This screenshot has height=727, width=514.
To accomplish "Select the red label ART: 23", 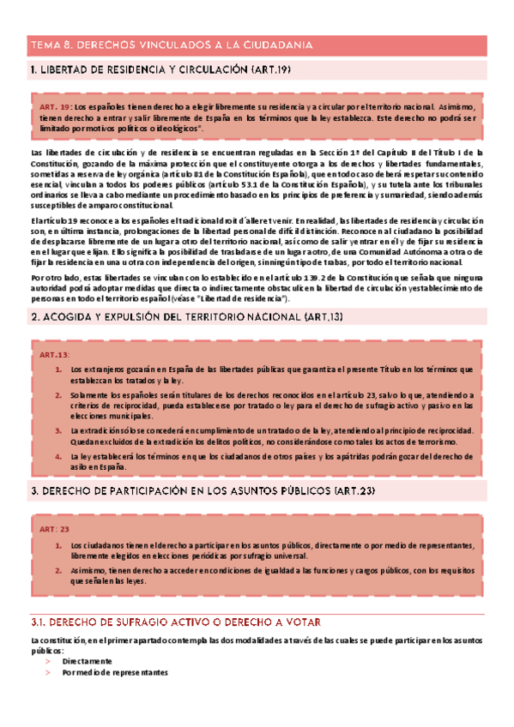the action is [x=53, y=529].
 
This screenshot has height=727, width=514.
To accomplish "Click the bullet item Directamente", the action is [x=87, y=661].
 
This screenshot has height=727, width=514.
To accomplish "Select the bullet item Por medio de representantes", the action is [x=115, y=673].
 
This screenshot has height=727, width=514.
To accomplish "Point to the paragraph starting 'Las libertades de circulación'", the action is [x=257, y=178].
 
